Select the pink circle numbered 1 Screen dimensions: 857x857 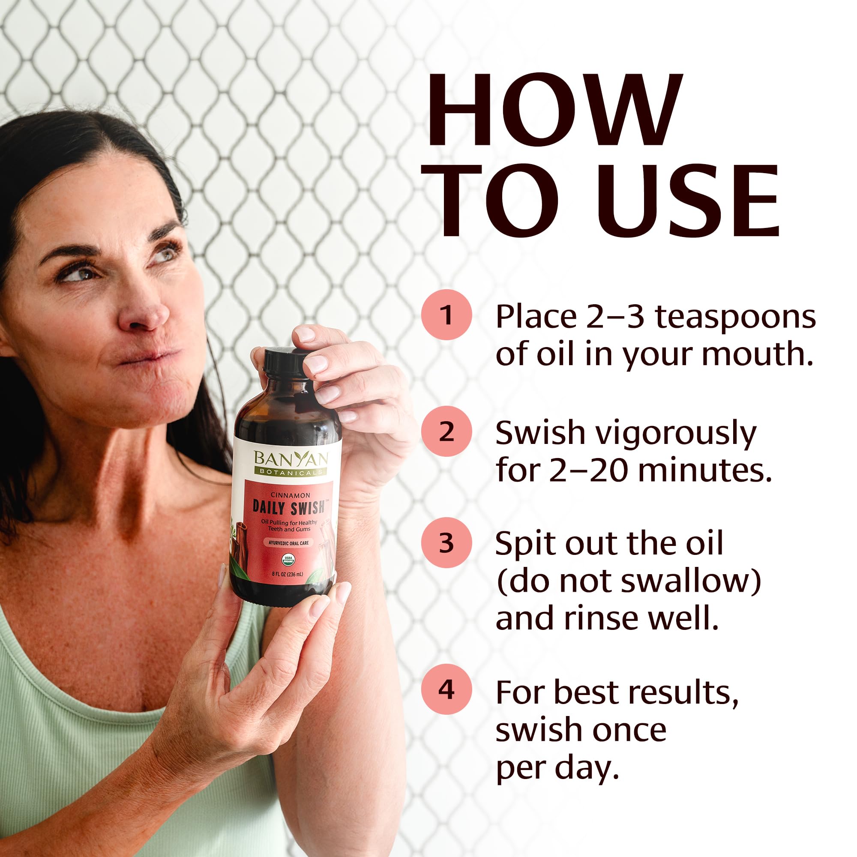click(446, 315)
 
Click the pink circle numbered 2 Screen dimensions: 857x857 click(446, 431)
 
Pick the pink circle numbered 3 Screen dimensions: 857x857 click(446, 542)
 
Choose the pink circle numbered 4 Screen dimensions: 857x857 click(446, 689)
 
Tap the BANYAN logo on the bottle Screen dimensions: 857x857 click(291, 458)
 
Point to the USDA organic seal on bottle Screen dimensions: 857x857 click(288, 558)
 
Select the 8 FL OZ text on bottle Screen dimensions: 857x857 click(288, 575)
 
